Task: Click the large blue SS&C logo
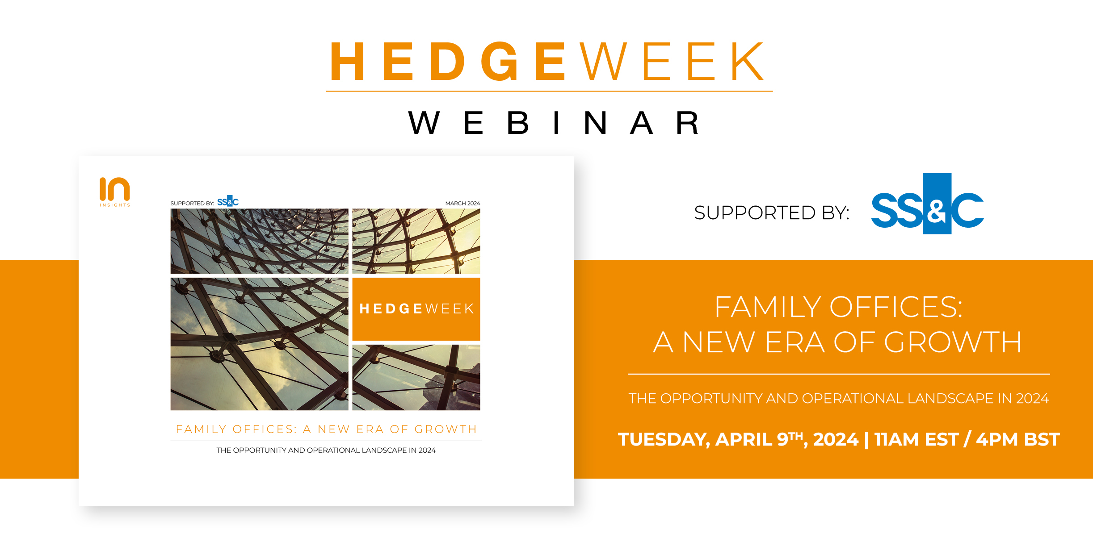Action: coord(927,204)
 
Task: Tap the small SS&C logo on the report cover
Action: coord(228,201)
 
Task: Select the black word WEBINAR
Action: coord(554,123)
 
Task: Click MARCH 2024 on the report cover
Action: coord(462,203)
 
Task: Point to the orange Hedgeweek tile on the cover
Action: coord(416,309)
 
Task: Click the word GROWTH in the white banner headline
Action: coord(953,342)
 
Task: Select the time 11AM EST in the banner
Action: coord(916,439)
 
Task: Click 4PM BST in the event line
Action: coord(1018,439)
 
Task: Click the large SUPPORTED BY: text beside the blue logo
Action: coord(772,213)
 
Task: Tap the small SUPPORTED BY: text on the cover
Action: coord(192,203)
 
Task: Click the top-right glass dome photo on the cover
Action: coord(416,241)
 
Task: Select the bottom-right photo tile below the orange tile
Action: coord(416,377)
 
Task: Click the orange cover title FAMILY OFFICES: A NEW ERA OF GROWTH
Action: coord(326,429)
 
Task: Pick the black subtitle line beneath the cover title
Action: coord(326,450)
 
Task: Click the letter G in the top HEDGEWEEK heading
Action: coord(500,61)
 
